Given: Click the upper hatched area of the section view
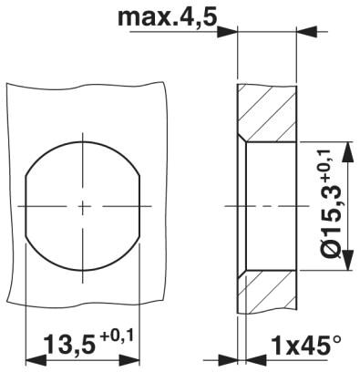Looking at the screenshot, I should tap(270, 113).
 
